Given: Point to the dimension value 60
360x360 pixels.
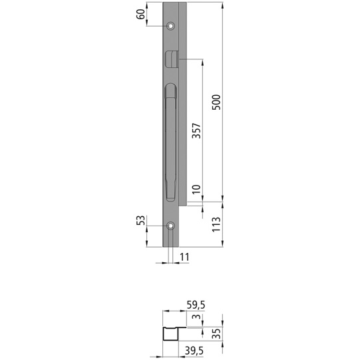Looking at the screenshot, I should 141,14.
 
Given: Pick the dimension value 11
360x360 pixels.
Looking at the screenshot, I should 184,256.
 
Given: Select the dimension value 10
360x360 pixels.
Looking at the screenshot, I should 196,191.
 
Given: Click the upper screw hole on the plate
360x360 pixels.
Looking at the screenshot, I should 171,27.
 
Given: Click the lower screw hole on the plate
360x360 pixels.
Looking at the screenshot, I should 171,226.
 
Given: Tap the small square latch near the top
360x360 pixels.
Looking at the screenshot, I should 170,58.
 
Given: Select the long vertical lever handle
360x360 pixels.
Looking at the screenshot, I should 169,143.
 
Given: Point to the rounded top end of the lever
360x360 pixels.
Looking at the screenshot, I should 169,90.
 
